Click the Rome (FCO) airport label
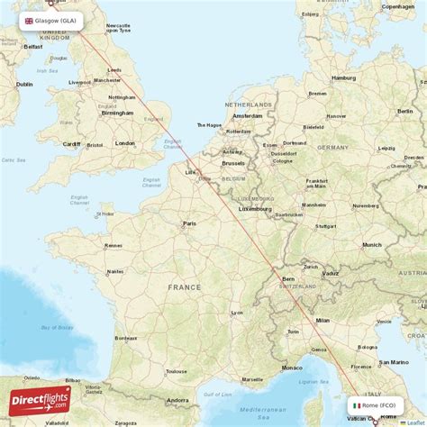point(377,405)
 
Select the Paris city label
point(189,223)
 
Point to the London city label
point(124,143)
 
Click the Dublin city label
point(24,85)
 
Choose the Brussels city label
point(232,163)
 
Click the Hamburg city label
point(343,77)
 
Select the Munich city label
point(371,244)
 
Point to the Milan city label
point(322,320)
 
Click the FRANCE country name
point(184,286)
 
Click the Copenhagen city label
point(397,6)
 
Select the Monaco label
point(292,368)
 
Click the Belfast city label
point(33,46)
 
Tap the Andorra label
point(177,400)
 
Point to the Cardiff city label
point(71,143)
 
